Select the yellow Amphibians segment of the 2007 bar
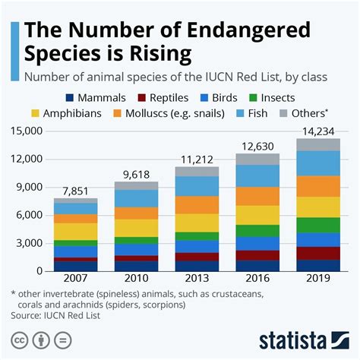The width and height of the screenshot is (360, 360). coord(76,231)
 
